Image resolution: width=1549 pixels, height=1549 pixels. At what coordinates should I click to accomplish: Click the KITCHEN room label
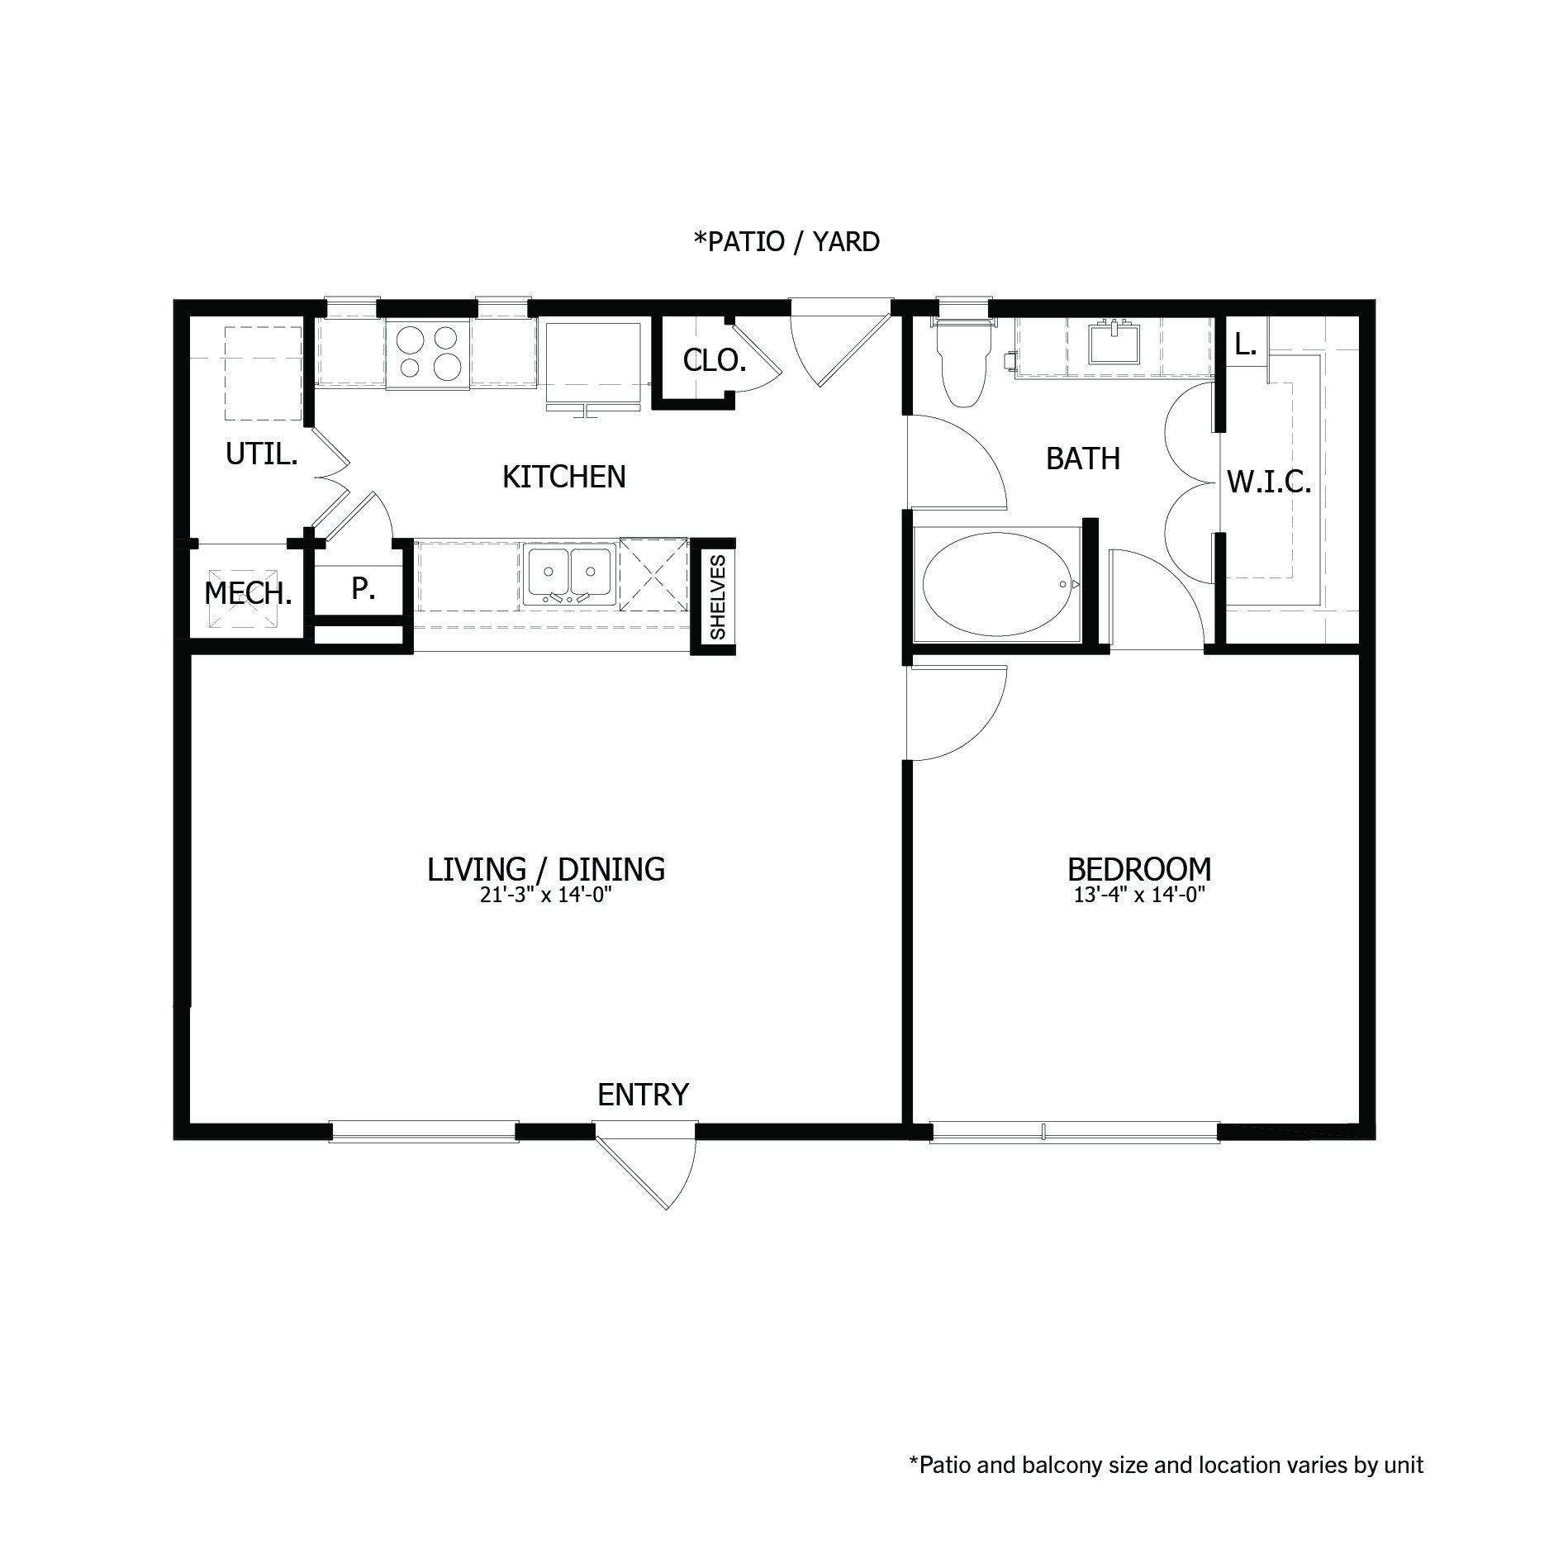(x=563, y=477)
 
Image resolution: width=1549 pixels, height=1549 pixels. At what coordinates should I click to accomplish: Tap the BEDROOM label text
(x=1139, y=869)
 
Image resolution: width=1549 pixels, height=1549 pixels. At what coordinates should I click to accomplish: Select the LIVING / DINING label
(x=546, y=869)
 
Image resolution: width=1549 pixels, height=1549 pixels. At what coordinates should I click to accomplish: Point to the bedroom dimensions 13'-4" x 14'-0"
(x=1140, y=895)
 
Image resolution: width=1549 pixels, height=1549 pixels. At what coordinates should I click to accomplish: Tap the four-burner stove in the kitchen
(x=427, y=353)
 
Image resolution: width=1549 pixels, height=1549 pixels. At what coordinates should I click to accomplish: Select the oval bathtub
(x=1000, y=583)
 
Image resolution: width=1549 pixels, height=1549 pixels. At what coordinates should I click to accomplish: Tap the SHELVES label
(x=718, y=597)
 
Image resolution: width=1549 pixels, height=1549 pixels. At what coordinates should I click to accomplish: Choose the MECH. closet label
(x=248, y=593)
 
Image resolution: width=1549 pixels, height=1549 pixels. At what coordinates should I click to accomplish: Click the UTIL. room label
(x=261, y=454)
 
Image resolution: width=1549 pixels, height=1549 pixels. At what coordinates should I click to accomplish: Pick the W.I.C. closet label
(x=1269, y=482)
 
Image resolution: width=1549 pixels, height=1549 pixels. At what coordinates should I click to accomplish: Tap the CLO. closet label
(x=715, y=360)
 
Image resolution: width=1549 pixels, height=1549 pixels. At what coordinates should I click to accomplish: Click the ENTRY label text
(x=643, y=1095)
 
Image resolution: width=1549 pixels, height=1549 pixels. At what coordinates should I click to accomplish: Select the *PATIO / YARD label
(x=786, y=242)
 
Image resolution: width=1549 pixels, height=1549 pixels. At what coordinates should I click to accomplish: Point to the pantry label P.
(x=363, y=588)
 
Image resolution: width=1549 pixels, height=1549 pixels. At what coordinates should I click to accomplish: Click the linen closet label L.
(x=1245, y=345)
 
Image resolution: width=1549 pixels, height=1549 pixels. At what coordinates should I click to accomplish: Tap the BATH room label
(x=1082, y=459)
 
